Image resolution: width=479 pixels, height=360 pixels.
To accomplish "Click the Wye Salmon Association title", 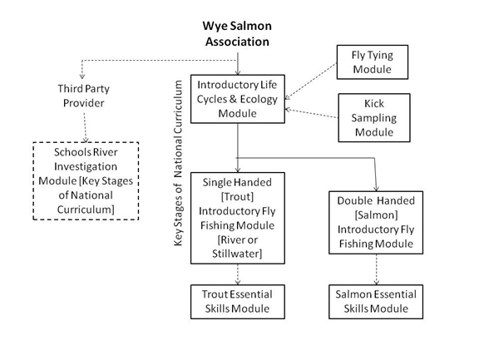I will [x=239, y=32].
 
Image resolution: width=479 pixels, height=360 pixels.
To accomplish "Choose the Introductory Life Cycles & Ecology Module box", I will [x=238, y=97].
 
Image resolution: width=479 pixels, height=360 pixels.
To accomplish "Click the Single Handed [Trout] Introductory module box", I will [x=238, y=215].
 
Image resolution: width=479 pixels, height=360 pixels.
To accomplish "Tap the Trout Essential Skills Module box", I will [x=238, y=302].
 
